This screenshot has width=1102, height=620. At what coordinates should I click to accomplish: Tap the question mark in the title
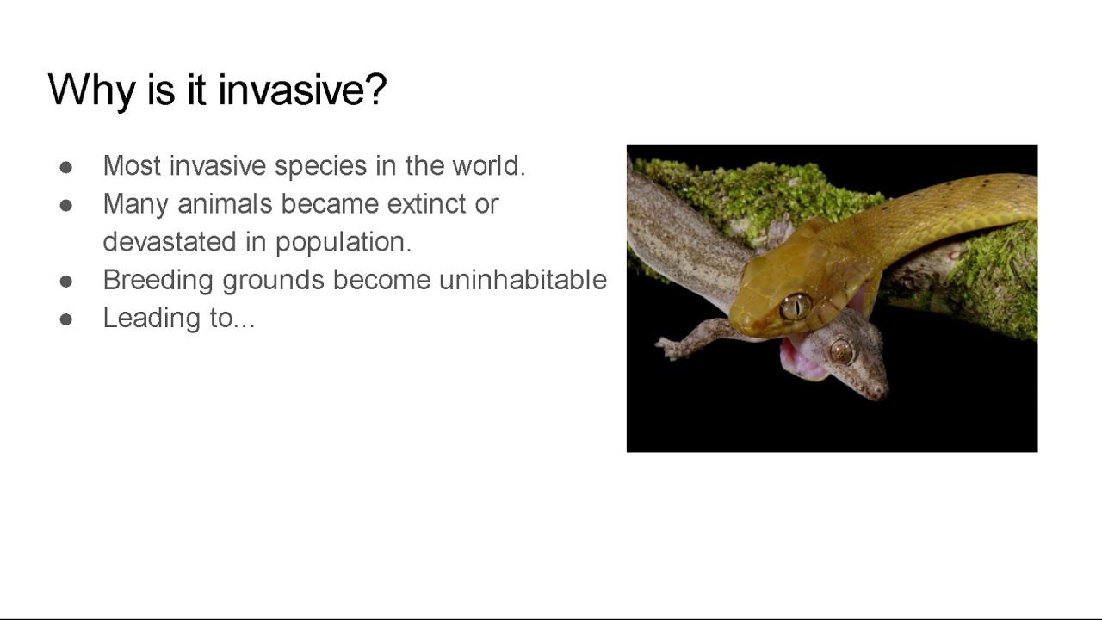tap(375, 90)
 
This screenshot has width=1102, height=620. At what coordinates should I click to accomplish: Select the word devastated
tap(170, 242)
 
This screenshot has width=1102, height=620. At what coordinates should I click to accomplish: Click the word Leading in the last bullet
tap(151, 319)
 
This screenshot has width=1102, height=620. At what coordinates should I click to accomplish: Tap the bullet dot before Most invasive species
tap(66, 167)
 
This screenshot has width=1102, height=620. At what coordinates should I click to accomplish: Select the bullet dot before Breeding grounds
tap(66, 282)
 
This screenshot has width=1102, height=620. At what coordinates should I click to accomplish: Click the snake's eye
tap(796, 307)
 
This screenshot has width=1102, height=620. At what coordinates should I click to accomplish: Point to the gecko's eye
tap(841, 351)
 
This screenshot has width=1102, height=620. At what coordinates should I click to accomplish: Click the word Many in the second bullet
tap(135, 205)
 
